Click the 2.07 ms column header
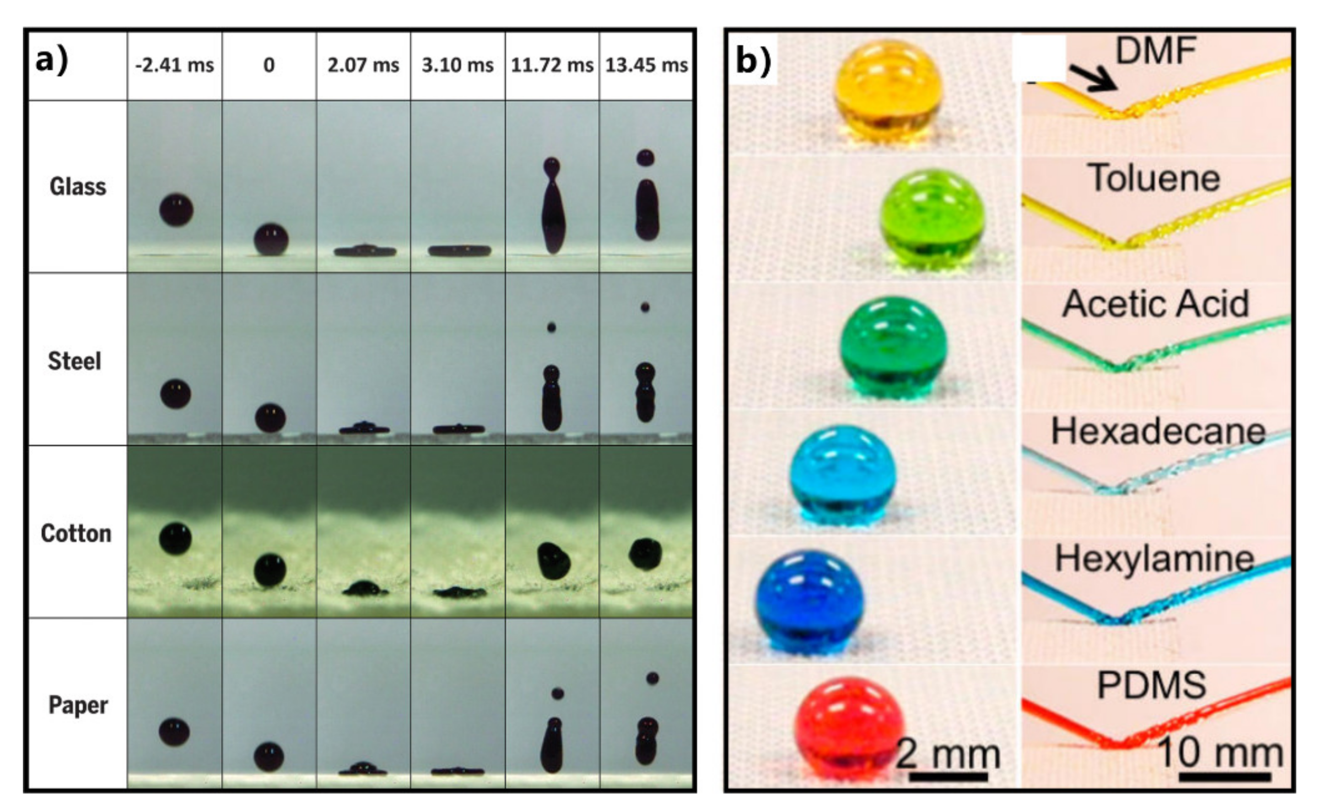tap(363, 65)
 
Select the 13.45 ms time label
tap(647, 65)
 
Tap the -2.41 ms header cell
tap(175, 65)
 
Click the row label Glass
tap(78, 187)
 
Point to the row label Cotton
tap(76, 533)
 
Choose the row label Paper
tap(78, 705)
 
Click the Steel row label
tap(75, 361)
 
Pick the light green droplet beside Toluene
tap(933, 219)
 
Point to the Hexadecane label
tap(1158, 431)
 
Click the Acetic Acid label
tap(1155, 304)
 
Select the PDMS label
tap(1152, 685)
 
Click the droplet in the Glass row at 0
tap(271, 240)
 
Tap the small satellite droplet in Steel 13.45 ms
tap(645, 307)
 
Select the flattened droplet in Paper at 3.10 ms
tap(458, 771)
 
